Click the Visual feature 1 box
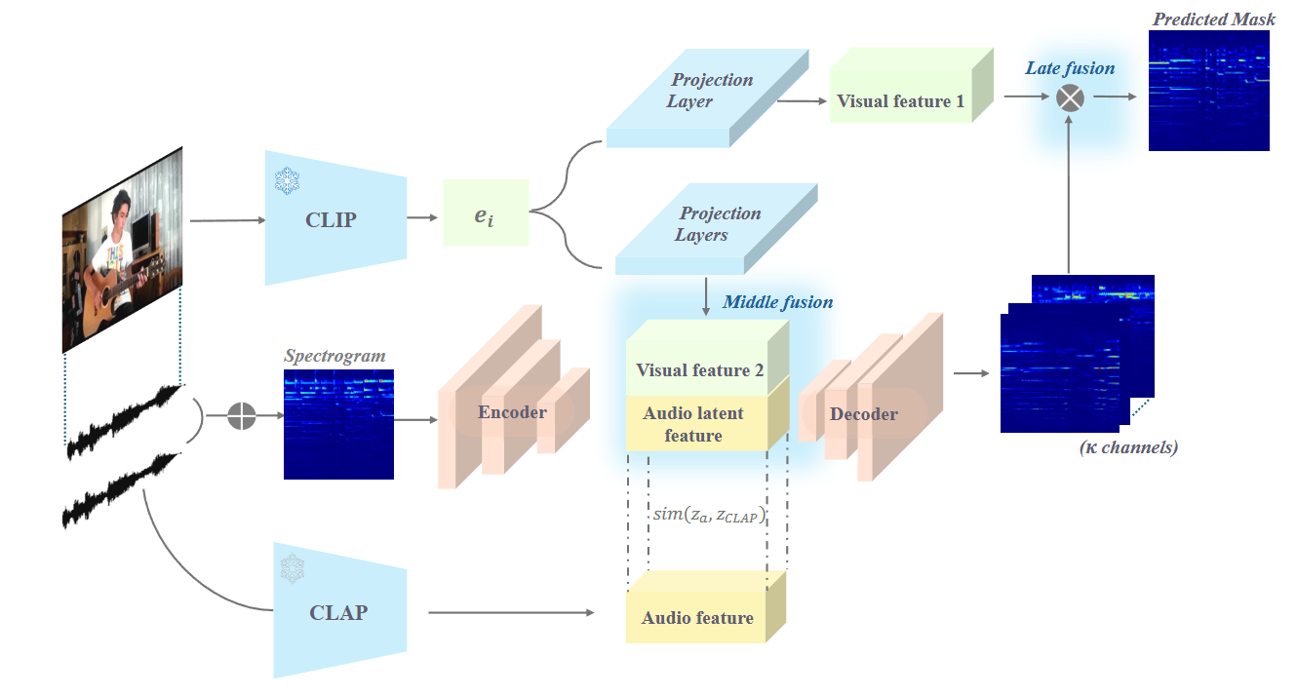901,101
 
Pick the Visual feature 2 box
699,369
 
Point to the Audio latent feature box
693,424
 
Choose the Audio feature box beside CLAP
697,617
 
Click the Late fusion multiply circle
1071,97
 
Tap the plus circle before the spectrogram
242,416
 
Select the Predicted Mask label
1213,19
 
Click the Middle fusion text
777,302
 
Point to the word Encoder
512,412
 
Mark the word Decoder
863,414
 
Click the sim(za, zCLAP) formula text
708,515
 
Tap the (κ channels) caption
1128,448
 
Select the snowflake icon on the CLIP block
288,180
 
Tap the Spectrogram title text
334,357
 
